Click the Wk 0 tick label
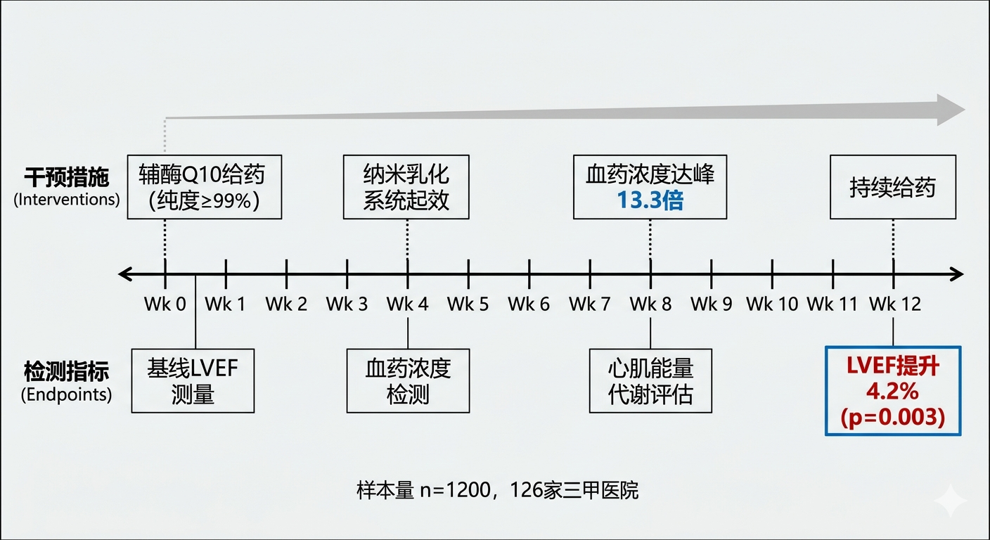tap(165, 304)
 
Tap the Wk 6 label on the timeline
tap(529, 304)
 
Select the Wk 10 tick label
tap(772, 304)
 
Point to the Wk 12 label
tap(895, 304)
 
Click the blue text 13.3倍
tap(650, 200)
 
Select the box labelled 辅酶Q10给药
tap(204, 187)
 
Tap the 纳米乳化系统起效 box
tap(406, 187)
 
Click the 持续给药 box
tap(893, 187)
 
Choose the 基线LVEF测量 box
tap(193, 381)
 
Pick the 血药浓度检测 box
tap(408, 381)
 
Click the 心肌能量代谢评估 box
tap(650, 381)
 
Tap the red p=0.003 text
tap(893, 417)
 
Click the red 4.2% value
tap(892, 392)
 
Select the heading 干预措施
tap(66, 178)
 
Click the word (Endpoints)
tap(66, 394)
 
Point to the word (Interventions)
tap(66, 199)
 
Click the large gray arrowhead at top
tap(950, 110)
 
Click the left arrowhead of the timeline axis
tap(125, 274)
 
